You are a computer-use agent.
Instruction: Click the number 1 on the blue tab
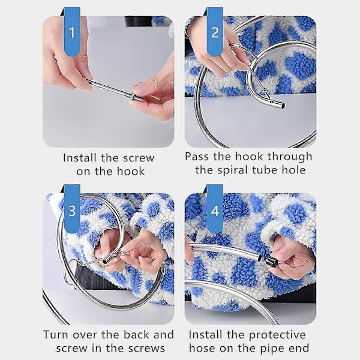(73, 32)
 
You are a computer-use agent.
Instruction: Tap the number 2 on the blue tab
(215, 32)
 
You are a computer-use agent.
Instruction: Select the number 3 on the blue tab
(73, 211)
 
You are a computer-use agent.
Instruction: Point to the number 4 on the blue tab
(215, 211)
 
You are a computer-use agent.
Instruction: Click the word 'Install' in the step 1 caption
(80, 158)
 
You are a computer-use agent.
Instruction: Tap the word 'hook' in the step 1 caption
(131, 172)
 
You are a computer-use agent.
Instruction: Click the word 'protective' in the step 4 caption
(277, 335)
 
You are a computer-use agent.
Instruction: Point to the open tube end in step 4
(260, 258)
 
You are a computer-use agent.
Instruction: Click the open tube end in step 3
(105, 262)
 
